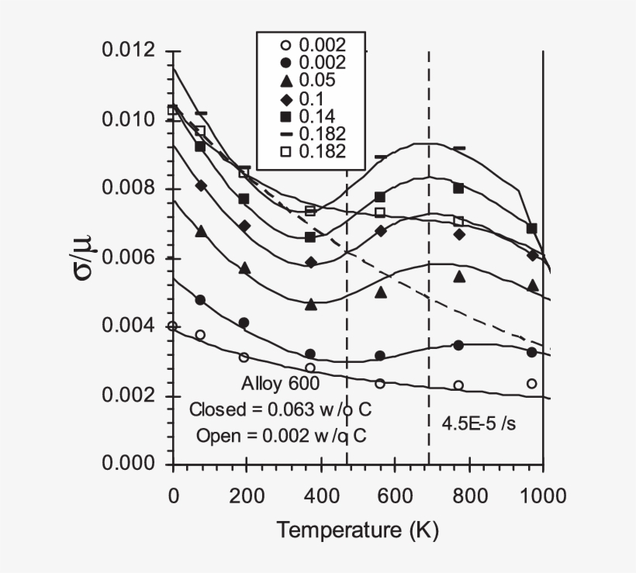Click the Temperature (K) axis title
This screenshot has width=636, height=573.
click(x=358, y=530)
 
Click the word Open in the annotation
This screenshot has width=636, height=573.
click(x=215, y=435)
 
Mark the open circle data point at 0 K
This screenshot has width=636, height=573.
click(x=172, y=326)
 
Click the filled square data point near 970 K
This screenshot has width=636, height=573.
click(x=531, y=229)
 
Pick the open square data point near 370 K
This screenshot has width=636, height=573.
click(x=310, y=211)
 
